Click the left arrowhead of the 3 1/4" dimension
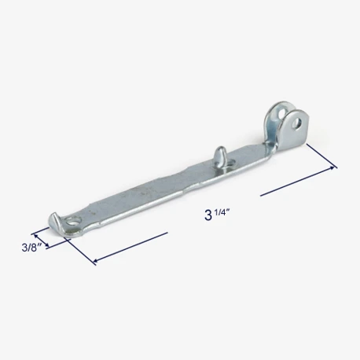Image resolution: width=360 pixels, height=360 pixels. (x=96, y=261)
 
